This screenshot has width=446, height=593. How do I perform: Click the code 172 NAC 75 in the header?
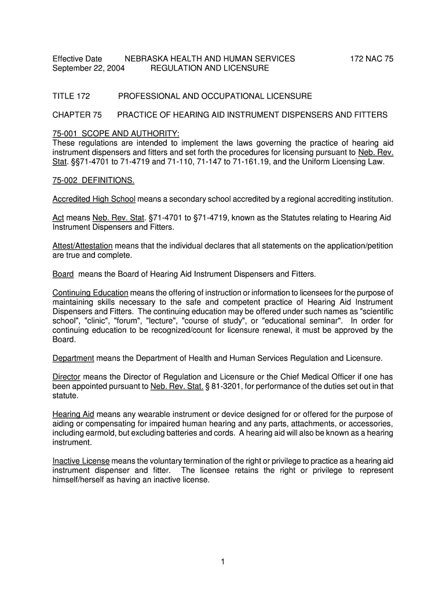(x=372, y=58)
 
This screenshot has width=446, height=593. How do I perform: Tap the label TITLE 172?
(x=71, y=96)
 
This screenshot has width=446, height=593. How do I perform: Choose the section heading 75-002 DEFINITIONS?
(x=93, y=180)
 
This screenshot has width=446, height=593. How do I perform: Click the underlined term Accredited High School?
(x=94, y=199)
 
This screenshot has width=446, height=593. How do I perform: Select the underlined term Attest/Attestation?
(x=82, y=246)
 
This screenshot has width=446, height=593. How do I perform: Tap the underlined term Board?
(x=63, y=274)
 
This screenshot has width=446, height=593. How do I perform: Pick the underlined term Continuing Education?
(x=90, y=293)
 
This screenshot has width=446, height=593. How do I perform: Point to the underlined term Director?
(x=66, y=377)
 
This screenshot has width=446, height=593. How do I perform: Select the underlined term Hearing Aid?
(x=73, y=415)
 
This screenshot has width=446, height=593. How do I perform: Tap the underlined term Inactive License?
(x=81, y=462)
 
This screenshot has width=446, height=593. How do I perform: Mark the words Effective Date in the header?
(x=78, y=58)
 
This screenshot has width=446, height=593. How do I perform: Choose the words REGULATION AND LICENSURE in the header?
(x=210, y=68)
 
